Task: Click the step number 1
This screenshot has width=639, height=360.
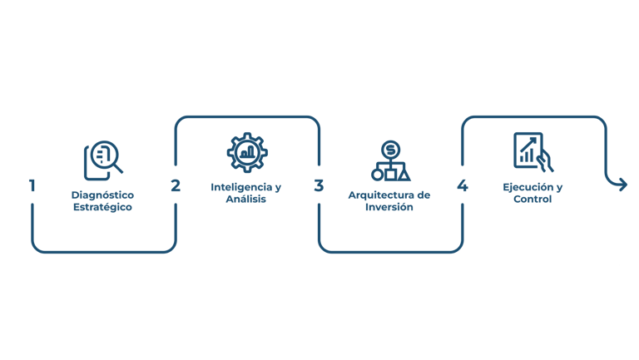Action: point(32,186)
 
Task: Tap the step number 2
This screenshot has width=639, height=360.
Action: point(176,186)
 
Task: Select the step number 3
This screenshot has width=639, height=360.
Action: point(319,186)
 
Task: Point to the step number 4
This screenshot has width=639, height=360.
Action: point(463,186)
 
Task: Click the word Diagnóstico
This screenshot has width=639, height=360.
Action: point(102,195)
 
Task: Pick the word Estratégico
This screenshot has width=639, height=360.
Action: point(102,206)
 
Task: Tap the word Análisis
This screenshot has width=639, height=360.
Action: point(246,200)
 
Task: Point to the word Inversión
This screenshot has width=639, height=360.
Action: point(389,206)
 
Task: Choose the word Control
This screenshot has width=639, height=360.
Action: point(532,200)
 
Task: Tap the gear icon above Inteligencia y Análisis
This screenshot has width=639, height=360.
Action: point(246,152)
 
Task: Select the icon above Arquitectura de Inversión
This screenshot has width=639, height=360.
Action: point(389,160)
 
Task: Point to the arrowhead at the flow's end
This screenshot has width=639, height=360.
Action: point(622,185)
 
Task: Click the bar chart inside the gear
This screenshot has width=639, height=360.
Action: point(246,152)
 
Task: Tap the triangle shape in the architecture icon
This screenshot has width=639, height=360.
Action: point(404,175)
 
